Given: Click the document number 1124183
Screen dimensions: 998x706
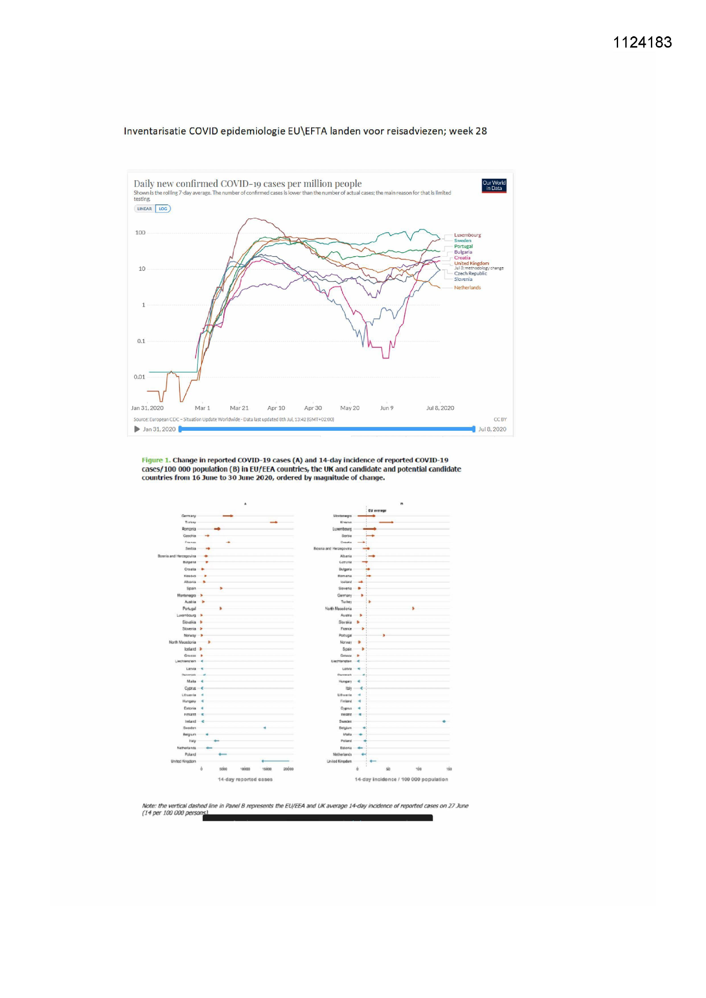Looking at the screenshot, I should coord(642,42).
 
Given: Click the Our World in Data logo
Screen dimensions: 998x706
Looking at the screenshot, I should coord(494,186).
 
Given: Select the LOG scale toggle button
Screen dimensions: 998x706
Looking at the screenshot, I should coord(163,209).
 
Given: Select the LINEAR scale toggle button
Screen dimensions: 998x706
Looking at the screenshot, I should coord(144,209).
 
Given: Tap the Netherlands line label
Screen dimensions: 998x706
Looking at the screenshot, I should coord(467,288).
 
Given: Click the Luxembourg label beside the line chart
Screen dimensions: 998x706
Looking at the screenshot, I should coord(467,235).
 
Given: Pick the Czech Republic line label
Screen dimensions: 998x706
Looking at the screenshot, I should coord(470,274).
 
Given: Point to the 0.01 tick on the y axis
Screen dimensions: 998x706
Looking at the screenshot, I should coord(140,377).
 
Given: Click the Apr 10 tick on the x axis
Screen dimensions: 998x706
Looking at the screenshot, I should coord(276,408).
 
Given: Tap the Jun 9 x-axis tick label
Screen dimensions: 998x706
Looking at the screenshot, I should coord(386,408).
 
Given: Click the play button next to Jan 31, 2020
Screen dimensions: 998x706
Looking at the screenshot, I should coord(137,429).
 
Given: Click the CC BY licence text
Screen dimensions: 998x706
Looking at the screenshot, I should coord(500,420).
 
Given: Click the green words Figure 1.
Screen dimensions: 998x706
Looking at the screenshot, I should coord(156,460).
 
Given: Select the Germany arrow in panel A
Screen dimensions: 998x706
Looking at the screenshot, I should coord(228,516).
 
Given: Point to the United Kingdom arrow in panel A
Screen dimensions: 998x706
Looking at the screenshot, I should coord(275,761).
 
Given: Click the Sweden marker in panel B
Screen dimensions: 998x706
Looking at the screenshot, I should coord(444,721).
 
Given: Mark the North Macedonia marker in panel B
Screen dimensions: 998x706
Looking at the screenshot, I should coord(413,609).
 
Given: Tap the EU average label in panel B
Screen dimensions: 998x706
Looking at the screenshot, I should coord(377,511).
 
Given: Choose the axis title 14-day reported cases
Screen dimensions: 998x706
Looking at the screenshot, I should coord(245,779).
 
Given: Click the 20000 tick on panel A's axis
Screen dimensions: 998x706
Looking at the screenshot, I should coord(288,769).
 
